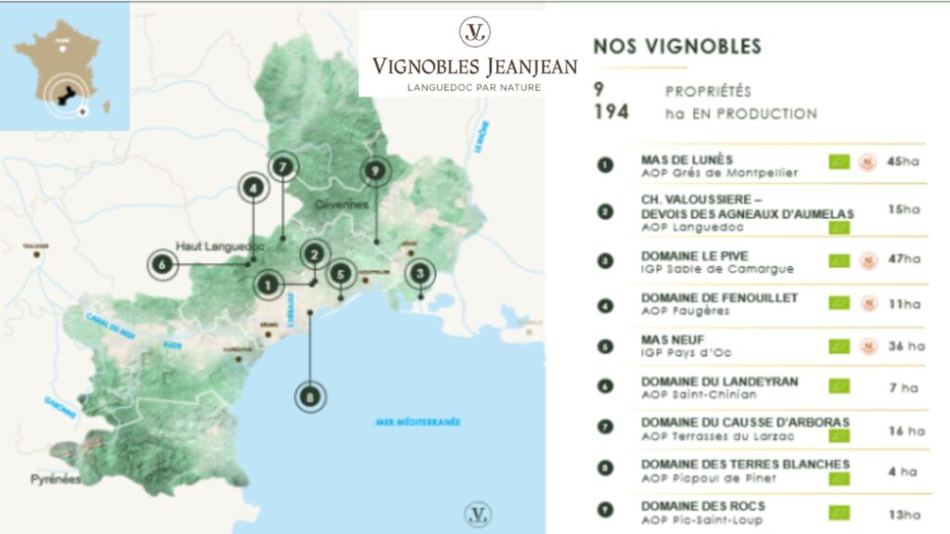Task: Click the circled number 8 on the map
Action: (311, 398)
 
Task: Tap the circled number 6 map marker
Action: (162, 265)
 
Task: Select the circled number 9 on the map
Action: (375, 171)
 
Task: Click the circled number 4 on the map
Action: (252, 188)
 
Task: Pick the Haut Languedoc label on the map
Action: (221, 247)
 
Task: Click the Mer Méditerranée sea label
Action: (417, 423)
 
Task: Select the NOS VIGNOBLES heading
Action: (676, 46)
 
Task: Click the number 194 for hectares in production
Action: (611, 113)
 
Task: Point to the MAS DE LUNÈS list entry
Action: (687, 159)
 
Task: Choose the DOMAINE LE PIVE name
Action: (694, 256)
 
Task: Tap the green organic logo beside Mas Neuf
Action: (839, 346)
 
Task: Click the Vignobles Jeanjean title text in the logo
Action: (474, 66)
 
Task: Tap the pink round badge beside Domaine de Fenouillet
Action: (868, 302)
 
